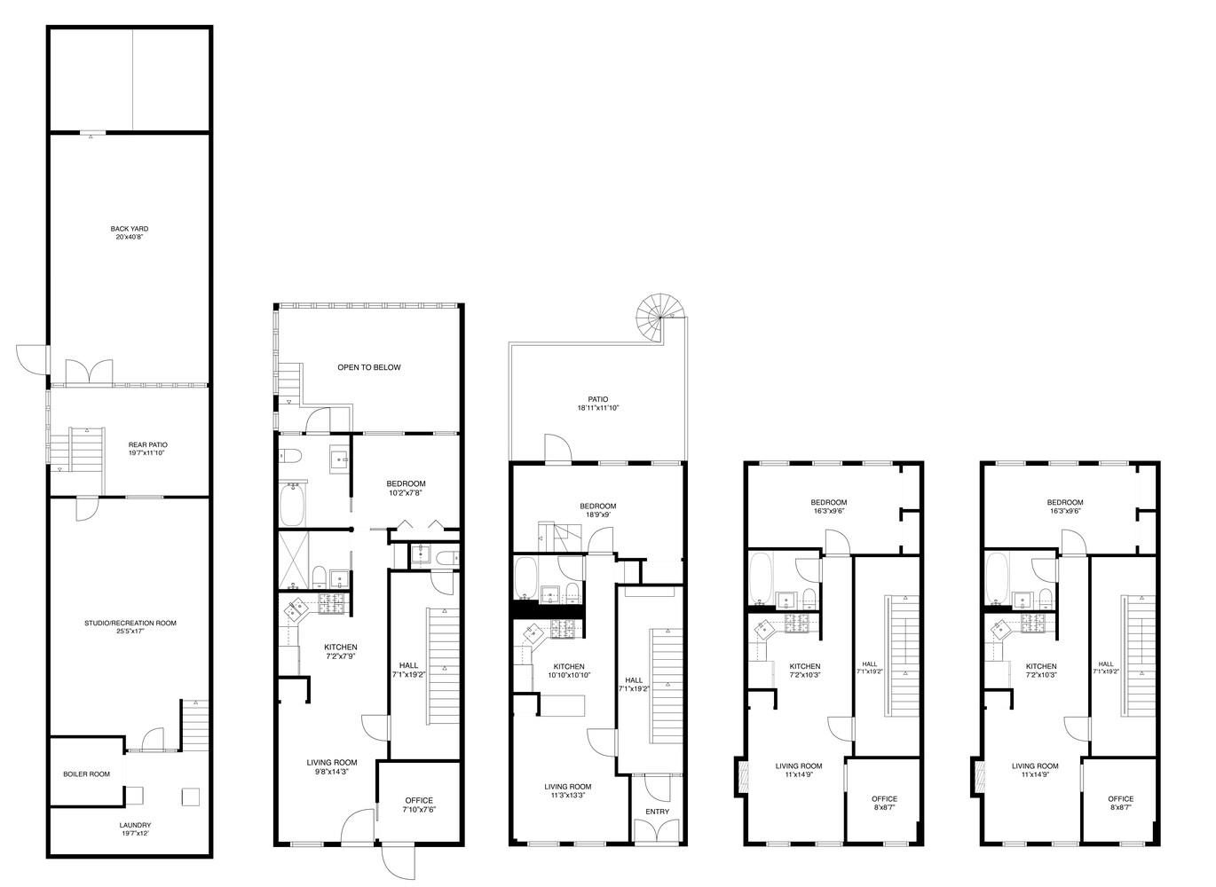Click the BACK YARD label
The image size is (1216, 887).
pos(130,229)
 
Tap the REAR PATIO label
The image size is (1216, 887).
pos(147,444)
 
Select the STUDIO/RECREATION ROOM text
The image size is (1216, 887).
pos(130,623)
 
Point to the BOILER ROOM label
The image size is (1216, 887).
pos(86,774)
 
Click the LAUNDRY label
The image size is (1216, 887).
pos(130,823)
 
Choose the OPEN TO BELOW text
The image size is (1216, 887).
pos(368,367)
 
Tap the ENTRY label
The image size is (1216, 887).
pos(658,812)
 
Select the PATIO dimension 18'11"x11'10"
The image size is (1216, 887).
pos(597,408)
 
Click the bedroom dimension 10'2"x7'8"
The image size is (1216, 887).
pos(406,493)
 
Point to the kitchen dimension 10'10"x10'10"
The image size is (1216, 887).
pos(569,676)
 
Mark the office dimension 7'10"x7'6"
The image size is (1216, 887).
pos(419,809)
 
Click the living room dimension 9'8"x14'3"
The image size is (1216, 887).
pos(332,772)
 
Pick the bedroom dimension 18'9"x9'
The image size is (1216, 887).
pos(597,514)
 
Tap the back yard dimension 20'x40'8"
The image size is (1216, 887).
pos(130,238)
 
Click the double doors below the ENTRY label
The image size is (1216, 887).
pos(658,828)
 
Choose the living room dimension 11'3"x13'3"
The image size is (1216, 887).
pos(567,796)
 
